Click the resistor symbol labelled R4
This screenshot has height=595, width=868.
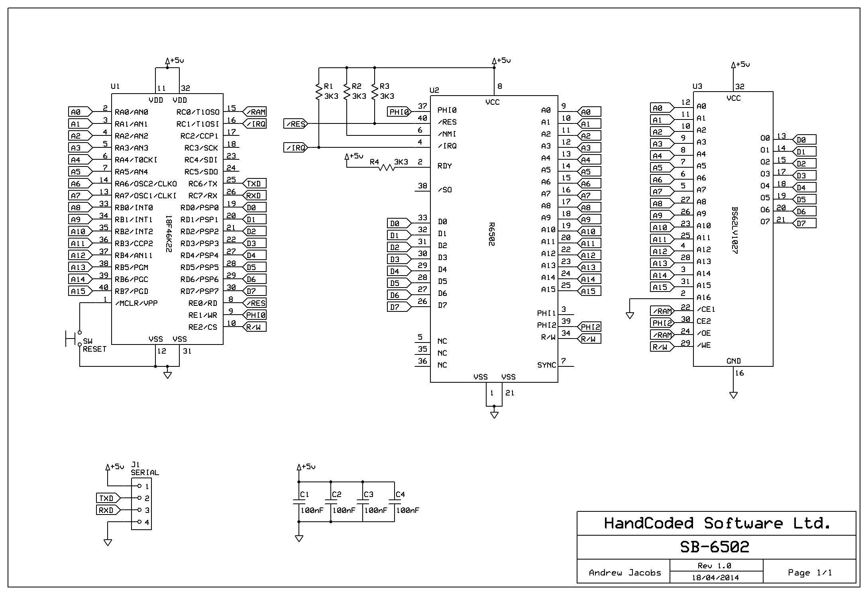387,167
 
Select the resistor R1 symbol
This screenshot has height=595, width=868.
319,92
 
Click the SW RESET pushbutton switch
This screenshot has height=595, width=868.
73,339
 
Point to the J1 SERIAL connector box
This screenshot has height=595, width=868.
141,504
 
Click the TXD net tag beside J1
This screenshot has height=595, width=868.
108,498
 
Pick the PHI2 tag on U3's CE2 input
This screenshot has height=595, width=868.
662,323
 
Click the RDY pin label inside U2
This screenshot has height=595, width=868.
445,166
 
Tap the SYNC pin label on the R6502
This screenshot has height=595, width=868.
546,365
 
